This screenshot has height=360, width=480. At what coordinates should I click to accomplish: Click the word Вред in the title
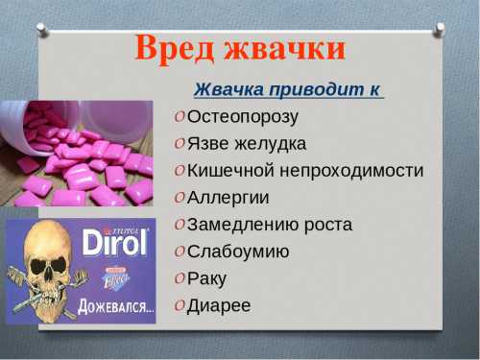173,48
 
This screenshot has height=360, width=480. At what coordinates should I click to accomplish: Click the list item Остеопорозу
243,117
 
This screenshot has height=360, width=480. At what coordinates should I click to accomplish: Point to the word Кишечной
229,171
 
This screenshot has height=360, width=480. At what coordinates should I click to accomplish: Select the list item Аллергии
228,198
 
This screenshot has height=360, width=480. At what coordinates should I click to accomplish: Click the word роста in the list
326,225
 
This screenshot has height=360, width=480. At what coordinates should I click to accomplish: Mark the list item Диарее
220,305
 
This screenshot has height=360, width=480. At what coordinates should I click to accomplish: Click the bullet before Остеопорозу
180,118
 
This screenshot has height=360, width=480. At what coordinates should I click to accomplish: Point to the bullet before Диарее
180,306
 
